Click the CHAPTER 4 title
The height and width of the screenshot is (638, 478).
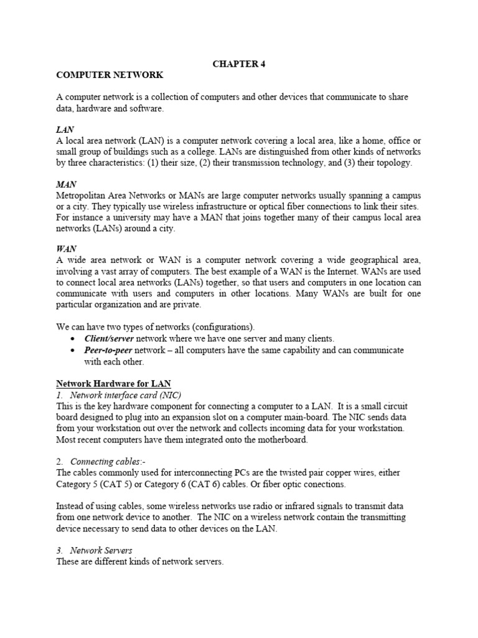(239, 63)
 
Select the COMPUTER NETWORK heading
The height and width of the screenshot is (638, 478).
(110, 75)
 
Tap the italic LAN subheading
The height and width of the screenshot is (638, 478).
(65, 130)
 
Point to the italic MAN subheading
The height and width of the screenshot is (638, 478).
(66, 184)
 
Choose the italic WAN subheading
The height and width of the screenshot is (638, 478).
(67, 249)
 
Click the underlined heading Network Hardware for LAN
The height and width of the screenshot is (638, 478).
(113, 383)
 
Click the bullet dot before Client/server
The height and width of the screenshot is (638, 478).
(74, 339)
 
